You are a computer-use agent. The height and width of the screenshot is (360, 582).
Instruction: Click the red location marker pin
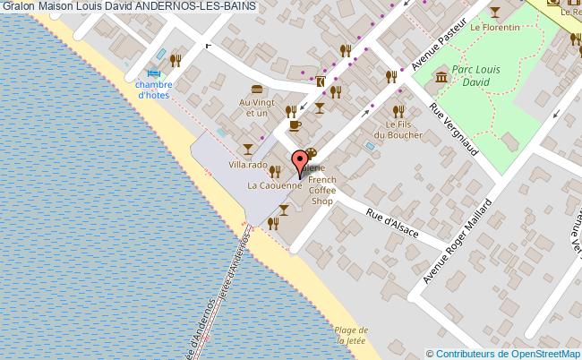(x=299, y=164)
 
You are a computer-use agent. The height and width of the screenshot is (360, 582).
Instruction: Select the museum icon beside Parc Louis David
(x=441, y=80)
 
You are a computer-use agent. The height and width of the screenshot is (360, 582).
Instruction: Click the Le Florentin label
(x=494, y=28)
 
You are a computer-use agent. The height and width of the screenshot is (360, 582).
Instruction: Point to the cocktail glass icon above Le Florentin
(x=496, y=12)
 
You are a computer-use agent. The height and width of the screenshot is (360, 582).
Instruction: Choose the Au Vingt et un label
(x=254, y=107)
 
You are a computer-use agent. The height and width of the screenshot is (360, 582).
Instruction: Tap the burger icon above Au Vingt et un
(x=258, y=89)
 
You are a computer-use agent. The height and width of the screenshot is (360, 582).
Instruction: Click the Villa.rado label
(x=248, y=165)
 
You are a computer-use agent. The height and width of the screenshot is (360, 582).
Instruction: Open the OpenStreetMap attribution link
(x=504, y=353)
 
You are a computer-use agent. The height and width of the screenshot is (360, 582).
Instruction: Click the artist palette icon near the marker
(x=311, y=153)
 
